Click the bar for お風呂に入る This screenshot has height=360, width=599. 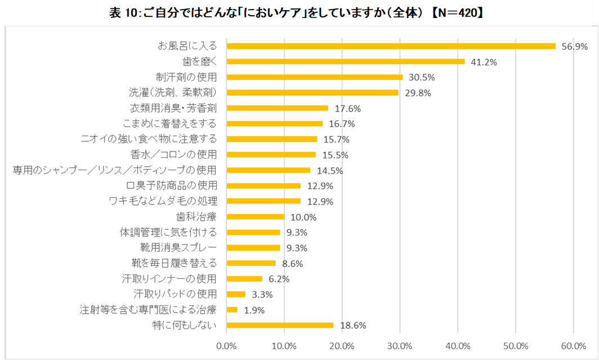click(x=391, y=46)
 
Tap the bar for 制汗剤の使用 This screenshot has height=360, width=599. click(x=314, y=77)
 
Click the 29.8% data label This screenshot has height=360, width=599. click(x=418, y=93)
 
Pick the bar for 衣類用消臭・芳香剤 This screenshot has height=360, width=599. click(x=277, y=108)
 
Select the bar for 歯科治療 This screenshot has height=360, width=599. click(x=255, y=216)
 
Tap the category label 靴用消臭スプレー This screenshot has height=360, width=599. click(x=182, y=247)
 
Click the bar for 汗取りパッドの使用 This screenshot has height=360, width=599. click(x=236, y=294)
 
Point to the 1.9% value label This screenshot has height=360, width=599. click(x=254, y=310)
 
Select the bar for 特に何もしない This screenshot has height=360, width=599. click(x=280, y=325)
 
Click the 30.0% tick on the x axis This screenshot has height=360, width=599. click(x=400, y=345)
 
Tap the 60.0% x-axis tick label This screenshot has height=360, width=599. click(x=573, y=345)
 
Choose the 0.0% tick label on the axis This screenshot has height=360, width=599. click(x=226, y=345)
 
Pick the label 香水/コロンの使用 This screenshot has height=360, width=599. click(x=177, y=154)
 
